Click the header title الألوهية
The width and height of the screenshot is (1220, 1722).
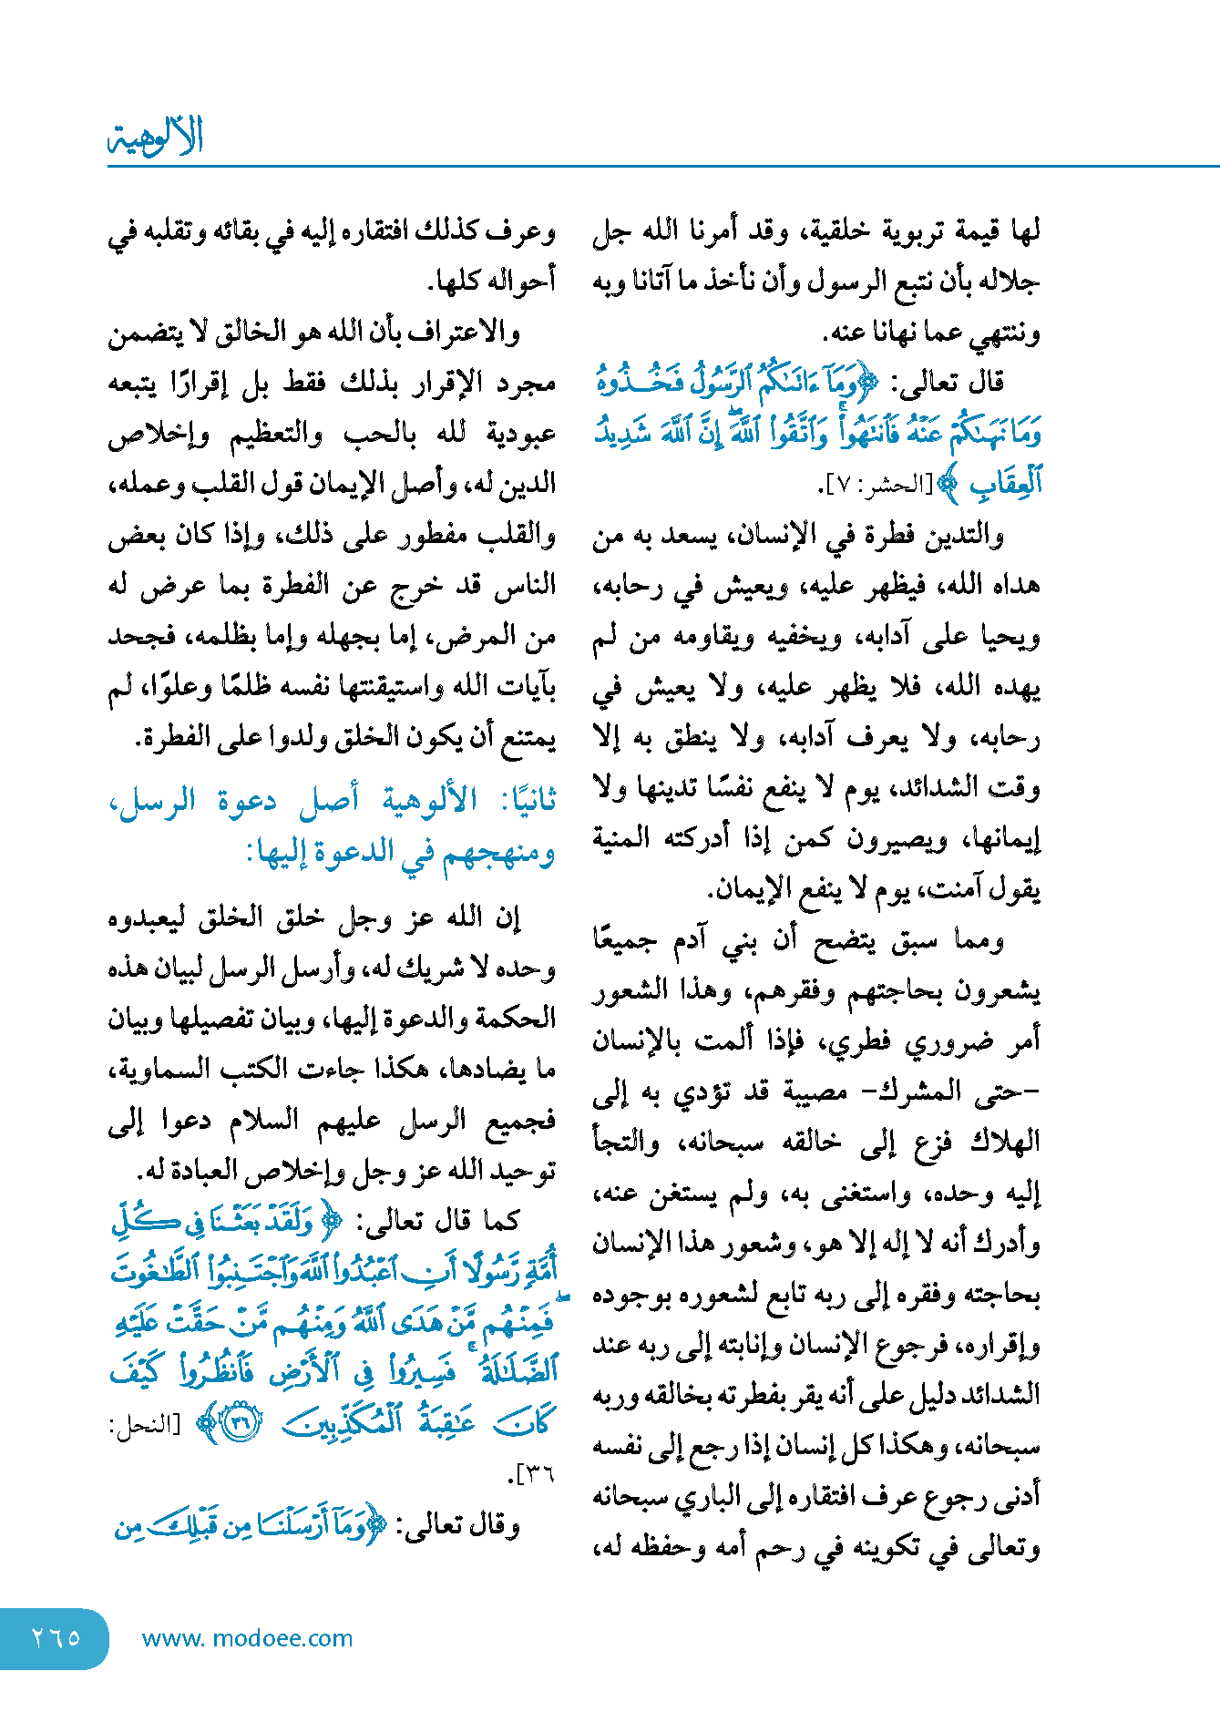pyautogui.click(x=156, y=137)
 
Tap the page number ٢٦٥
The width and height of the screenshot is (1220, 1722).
pyautogui.click(x=55, y=1637)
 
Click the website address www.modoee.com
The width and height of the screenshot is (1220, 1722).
pyautogui.click(x=247, y=1638)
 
